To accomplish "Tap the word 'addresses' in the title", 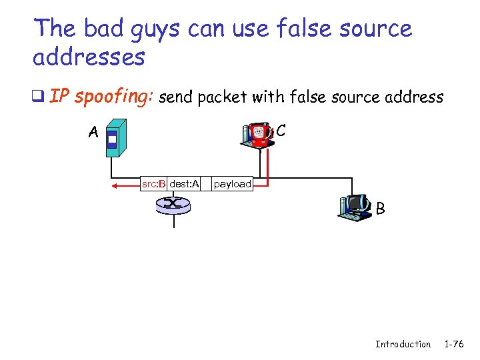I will [89, 57].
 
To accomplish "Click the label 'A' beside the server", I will [94, 133].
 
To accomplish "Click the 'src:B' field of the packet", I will [153, 183].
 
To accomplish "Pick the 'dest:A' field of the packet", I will [184, 183].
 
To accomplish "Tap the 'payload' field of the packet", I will [233, 183].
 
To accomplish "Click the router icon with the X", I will [173, 204].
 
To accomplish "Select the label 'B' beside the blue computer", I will [380, 209].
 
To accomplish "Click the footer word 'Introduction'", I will [403, 344].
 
